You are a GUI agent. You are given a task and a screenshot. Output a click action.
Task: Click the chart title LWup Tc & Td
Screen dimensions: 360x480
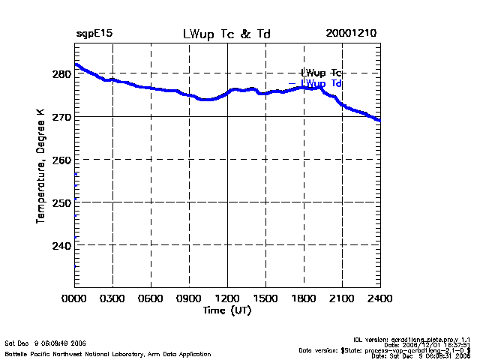point(226,34)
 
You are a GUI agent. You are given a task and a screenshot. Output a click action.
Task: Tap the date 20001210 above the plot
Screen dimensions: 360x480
point(351,34)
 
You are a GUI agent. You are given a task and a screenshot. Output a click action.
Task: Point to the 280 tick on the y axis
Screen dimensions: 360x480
point(61,73)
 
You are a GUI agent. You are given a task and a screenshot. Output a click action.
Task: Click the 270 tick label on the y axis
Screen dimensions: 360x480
point(61,117)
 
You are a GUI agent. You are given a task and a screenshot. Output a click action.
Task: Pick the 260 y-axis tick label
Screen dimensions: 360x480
point(61,160)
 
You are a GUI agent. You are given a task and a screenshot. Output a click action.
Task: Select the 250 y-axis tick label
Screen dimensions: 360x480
point(61,202)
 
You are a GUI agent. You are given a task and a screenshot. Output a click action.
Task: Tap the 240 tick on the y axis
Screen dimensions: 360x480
point(61,245)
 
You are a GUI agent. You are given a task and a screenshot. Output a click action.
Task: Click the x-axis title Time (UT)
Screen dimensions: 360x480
point(226,310)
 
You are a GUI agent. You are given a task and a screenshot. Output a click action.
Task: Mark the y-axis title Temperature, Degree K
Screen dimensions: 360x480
point(40,165)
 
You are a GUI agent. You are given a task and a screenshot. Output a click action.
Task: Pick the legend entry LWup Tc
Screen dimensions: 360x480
point(321,73)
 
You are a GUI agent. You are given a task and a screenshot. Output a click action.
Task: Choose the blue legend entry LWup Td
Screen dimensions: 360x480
point(321,83)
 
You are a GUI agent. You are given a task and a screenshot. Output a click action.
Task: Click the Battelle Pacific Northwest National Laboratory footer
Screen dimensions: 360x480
point(108,353)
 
